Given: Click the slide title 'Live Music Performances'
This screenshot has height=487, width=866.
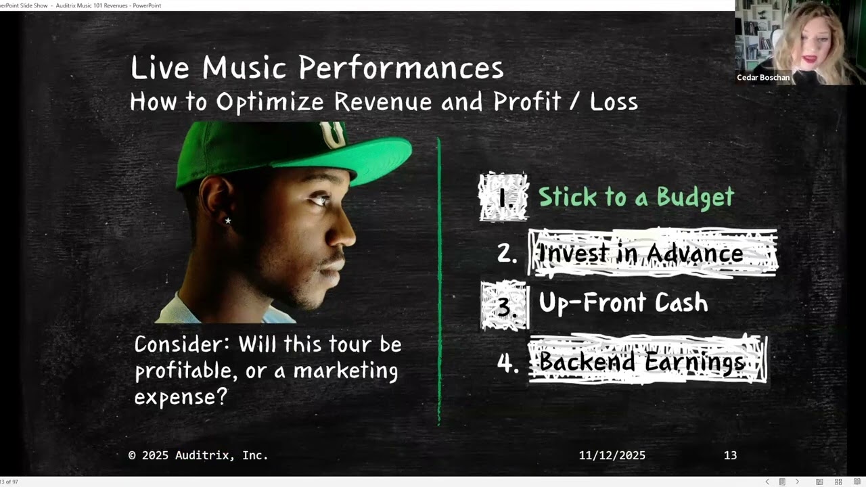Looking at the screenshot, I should (317, 68).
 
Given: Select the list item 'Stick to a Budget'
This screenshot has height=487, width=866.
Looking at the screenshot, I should (636, 197).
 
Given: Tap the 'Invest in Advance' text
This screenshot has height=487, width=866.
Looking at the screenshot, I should (641, 253).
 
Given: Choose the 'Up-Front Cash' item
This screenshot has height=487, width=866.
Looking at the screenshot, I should (623, 303).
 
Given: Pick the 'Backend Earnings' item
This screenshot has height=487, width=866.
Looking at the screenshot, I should (642, 362).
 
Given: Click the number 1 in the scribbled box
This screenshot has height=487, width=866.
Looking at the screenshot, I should (503, 198).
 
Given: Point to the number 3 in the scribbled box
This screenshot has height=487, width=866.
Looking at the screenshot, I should (504, 306).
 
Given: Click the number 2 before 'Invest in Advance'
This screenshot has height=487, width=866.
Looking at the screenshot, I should (507, 254).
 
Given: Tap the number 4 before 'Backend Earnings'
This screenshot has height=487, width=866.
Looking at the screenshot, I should (507, 363).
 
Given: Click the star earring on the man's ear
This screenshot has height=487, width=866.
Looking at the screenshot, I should (228, 221).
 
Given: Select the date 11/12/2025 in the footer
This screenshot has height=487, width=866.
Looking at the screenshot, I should (612, 455).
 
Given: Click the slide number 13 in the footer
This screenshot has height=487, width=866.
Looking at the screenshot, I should (730, 455).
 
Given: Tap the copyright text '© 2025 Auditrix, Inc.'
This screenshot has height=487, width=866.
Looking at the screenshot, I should (198, 455).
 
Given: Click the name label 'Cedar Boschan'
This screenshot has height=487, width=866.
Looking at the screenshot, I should (763, 78).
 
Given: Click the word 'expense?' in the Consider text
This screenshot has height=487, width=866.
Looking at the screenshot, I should (180, 396).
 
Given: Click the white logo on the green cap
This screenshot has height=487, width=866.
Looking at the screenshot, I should (334, 135).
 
